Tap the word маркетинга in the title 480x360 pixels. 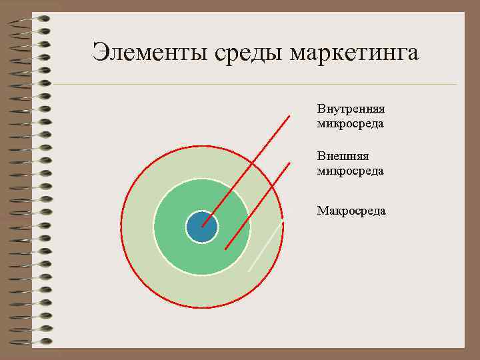pos(354,52)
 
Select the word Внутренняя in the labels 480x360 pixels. pos(351,109)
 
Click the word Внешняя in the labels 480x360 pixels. pos(343,156)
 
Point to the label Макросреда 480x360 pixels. pos(351,211)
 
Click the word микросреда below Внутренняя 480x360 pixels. pos(351,123)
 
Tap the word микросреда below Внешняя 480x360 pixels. pos(351,171)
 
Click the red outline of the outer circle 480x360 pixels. pos(122,227)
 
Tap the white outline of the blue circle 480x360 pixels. pos(186,227)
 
